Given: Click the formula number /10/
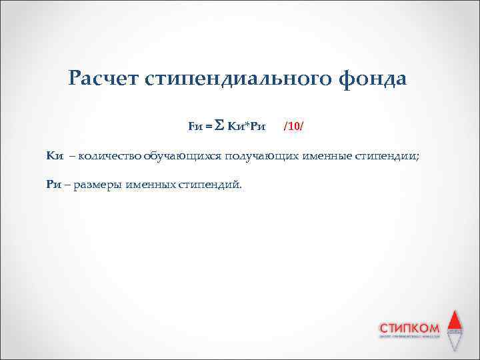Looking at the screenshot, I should (x=293, y=125).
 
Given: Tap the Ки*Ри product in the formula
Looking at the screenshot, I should (x=247, y=125).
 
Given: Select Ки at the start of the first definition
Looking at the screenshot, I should (x=54, y=156).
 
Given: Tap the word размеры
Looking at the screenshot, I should (x=97, y=184).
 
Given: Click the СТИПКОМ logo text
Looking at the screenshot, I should (x=409, y=327).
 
